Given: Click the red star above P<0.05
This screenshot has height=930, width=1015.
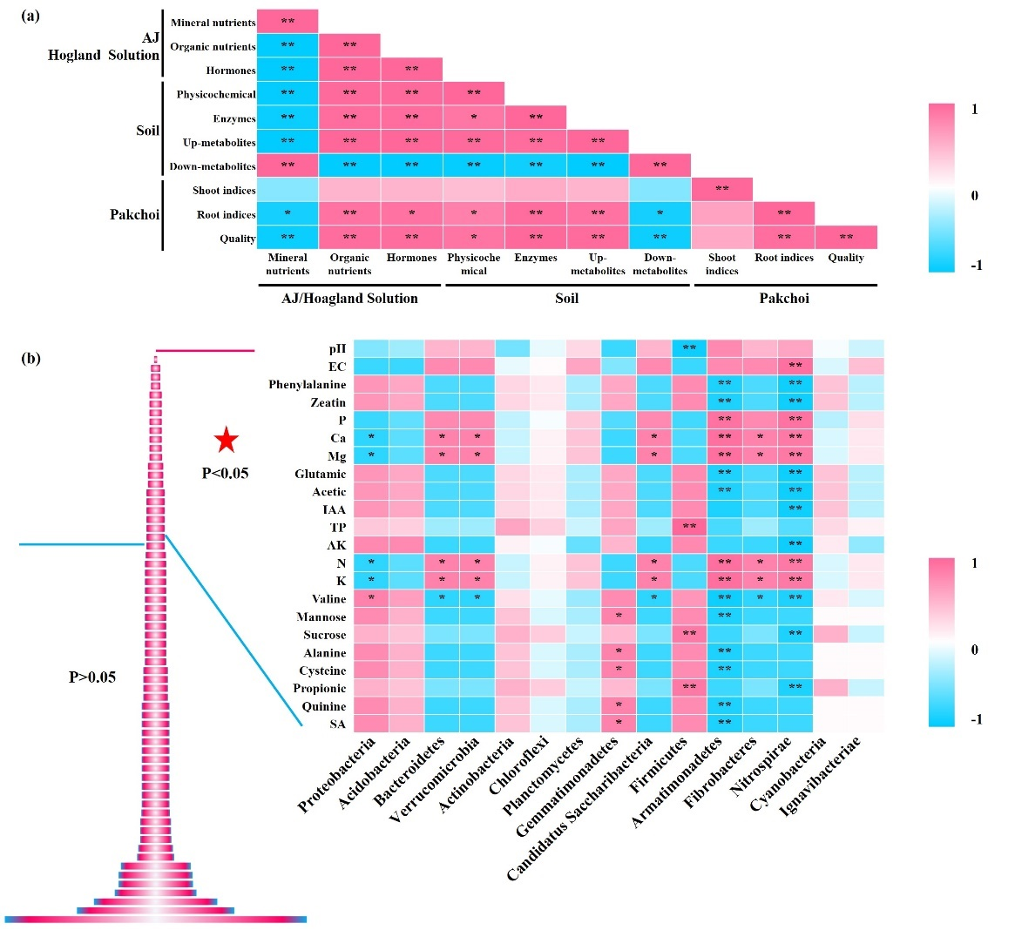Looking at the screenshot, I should (x=226, y=440).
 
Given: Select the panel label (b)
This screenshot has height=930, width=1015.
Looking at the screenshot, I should (x=31, y=358).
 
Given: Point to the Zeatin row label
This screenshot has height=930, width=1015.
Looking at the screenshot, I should (x=328, y=402).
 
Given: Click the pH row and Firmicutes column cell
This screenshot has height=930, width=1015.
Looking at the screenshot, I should (x=689, y=348).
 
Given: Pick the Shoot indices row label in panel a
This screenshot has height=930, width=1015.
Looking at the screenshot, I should (x=224, y=190).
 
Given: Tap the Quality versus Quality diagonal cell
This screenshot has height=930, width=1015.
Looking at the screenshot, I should (x=846, y=237).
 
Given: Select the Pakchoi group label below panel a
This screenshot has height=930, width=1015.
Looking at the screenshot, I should (x=784, y=298).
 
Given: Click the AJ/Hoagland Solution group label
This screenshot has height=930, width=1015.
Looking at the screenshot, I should (x=349, y=298).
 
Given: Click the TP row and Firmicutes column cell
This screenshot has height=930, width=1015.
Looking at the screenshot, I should (x=689, y=527).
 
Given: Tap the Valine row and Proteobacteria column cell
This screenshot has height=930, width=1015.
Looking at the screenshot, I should (x=371, y=598).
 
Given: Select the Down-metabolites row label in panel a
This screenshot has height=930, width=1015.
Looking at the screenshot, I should (x=213, y=165).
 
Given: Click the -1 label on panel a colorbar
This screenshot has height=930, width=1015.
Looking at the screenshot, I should (x=976, y=265).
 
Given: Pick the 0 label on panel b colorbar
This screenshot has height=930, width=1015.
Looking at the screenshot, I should (x=975, y=650).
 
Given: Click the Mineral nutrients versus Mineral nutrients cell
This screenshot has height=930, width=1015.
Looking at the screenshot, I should (x=288, y=21).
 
